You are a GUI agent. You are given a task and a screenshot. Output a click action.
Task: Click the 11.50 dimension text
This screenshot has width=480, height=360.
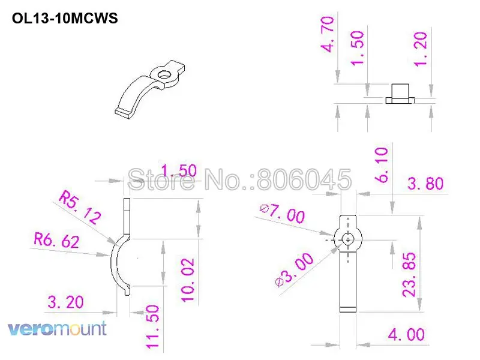152,326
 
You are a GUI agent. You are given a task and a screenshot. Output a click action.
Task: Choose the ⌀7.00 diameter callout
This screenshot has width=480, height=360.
282,213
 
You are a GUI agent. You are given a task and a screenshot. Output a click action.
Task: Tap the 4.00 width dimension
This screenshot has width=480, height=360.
407,334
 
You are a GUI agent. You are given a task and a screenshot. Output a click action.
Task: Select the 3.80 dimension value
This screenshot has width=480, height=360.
425,184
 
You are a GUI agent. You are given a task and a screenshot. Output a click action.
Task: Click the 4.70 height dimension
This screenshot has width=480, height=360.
329,35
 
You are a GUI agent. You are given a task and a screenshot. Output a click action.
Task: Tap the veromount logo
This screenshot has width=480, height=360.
57,329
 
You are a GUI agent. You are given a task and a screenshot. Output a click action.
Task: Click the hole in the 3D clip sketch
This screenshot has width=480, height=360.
163,74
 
